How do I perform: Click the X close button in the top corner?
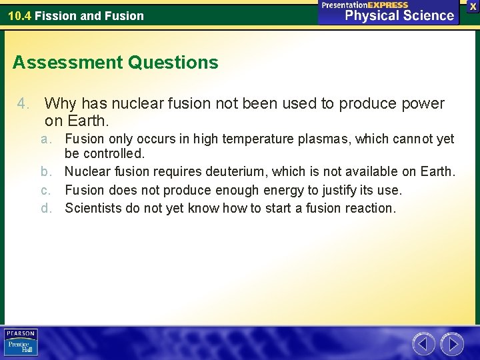point(473,6)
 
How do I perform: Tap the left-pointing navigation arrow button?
point(423,344)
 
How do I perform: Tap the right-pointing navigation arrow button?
point(452,344)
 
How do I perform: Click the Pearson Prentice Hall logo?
point(21,343)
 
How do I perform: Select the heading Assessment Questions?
point(115,63)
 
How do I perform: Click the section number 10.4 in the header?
point(19,15)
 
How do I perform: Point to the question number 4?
point(23,104)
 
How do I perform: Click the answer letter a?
point(46,139)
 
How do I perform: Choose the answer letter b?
point(46,172)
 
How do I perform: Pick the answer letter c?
point(46,190)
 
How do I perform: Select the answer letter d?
point(46,208)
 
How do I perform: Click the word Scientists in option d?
point(93,208)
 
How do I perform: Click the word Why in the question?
point(60,104)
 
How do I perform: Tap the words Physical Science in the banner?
point(399,15)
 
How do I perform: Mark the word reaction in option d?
point(369,208)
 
